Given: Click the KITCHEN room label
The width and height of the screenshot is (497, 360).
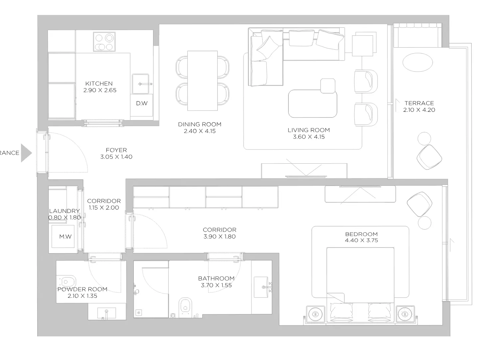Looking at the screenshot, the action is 99,84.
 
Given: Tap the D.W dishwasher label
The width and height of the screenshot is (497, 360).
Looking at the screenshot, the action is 142,103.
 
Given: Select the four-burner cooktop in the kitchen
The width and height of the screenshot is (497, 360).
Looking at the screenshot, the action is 104,42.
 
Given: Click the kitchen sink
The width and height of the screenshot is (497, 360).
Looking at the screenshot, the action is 141,84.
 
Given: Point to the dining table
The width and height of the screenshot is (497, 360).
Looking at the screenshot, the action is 202,81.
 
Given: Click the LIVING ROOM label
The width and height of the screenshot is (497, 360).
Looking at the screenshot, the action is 309,130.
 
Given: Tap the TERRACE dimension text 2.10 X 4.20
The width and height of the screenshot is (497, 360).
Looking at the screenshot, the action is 419,110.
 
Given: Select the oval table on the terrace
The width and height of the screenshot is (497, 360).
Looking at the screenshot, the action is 417,62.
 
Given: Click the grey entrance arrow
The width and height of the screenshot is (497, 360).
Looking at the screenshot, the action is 26,153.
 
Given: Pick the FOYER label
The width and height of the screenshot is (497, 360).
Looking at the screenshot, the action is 116,150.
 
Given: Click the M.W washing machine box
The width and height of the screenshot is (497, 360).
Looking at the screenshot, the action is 63,236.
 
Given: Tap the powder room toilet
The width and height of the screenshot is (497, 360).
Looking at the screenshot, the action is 67,282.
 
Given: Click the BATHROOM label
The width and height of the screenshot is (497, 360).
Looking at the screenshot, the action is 216,278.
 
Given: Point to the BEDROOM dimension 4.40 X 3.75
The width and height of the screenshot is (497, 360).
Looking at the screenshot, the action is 361,240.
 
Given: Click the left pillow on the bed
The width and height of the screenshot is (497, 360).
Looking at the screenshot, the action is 341,311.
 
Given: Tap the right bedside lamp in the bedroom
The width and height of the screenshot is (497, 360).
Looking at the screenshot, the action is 405,314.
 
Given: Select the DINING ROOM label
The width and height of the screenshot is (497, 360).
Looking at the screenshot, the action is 200,124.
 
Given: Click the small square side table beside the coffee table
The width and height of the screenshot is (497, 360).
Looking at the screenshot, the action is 328,86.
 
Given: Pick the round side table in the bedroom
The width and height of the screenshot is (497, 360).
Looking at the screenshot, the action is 424,223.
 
